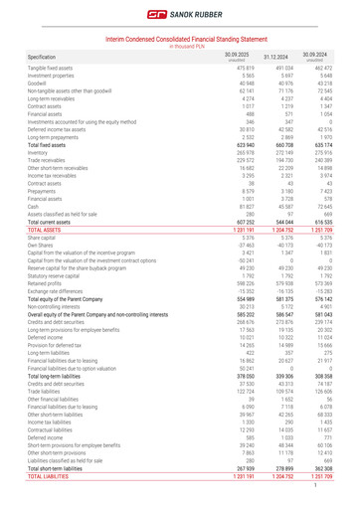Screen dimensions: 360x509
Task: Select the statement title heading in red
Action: click(x=179, y=38)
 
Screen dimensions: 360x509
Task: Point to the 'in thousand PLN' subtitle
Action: click(x=179, y=46)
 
